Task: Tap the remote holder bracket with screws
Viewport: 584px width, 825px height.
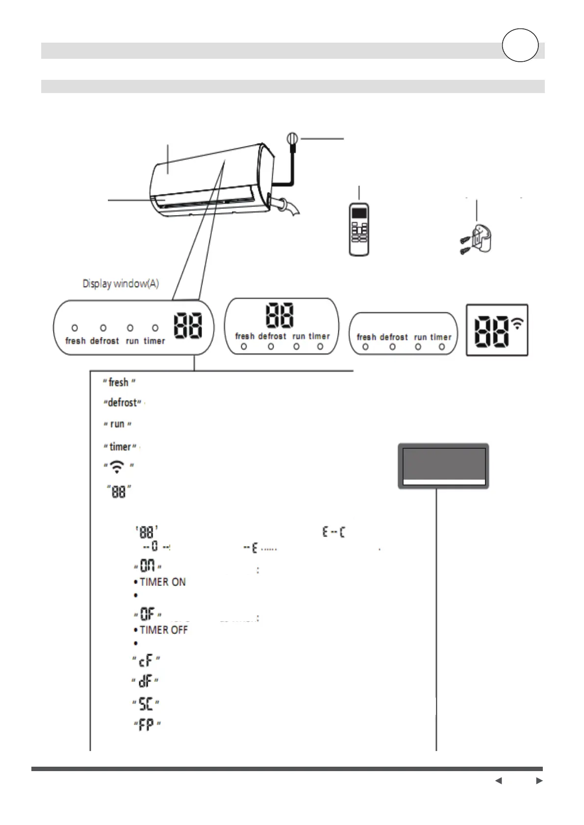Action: click(x=477, y=240)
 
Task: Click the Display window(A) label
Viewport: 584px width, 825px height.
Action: click(x=121, y=284)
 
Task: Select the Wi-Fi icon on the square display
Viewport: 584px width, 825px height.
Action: click(x=517, y=323)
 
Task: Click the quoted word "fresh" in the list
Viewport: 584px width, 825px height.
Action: click(x=119, y=382)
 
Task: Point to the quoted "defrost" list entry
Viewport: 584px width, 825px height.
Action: click(x=122, y=403)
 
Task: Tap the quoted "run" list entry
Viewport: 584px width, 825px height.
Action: click(x=117, y=424)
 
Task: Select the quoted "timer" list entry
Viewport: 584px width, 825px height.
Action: click(x=120, y=447)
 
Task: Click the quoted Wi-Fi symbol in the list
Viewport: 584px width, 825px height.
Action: click(x=117, y=466)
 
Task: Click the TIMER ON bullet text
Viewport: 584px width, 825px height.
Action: click(x=162, y=582)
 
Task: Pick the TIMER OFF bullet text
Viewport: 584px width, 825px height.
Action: click(x=163, y=630)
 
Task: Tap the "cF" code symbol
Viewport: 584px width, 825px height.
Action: click(x=146, y=661)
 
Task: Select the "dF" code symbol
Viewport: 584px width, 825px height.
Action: click(x=145, y=681)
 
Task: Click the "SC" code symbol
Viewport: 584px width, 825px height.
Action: click(x=146, y=704)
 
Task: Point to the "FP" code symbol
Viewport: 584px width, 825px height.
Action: click(x=147, y=725)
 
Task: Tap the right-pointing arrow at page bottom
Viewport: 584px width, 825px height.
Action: click(x=539, y=780)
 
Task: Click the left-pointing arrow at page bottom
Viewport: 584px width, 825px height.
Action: click(x=498, y=780)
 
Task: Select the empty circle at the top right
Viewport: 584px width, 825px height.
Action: click(x=520, y=45)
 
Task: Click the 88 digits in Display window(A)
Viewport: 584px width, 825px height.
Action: click(x=188, y=326)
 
